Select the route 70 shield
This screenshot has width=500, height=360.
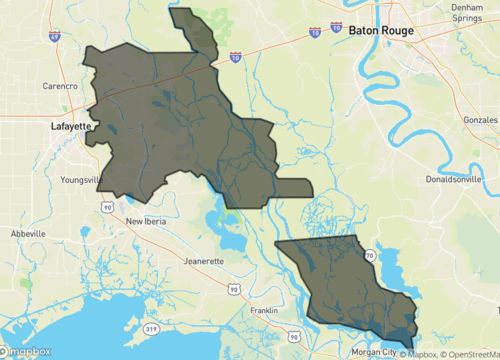pyautogui.click(x=369, y=257)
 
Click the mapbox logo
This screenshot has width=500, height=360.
pyautogui.click(x=25, y=351)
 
